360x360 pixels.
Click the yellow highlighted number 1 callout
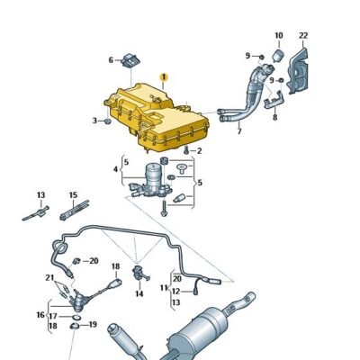[163, 77]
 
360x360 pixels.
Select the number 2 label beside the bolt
[199, 151]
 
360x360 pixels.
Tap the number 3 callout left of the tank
[94, 120]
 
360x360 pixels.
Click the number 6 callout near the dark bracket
[112, 60]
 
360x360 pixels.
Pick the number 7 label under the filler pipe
[239, 132]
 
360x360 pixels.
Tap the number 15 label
[73, 194]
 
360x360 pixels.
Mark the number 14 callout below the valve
[139, 293]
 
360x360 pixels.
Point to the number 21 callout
[49, 278]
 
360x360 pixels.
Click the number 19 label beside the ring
[93, 324]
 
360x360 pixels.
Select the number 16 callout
[41, 316]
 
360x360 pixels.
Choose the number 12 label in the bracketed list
[175, 291]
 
